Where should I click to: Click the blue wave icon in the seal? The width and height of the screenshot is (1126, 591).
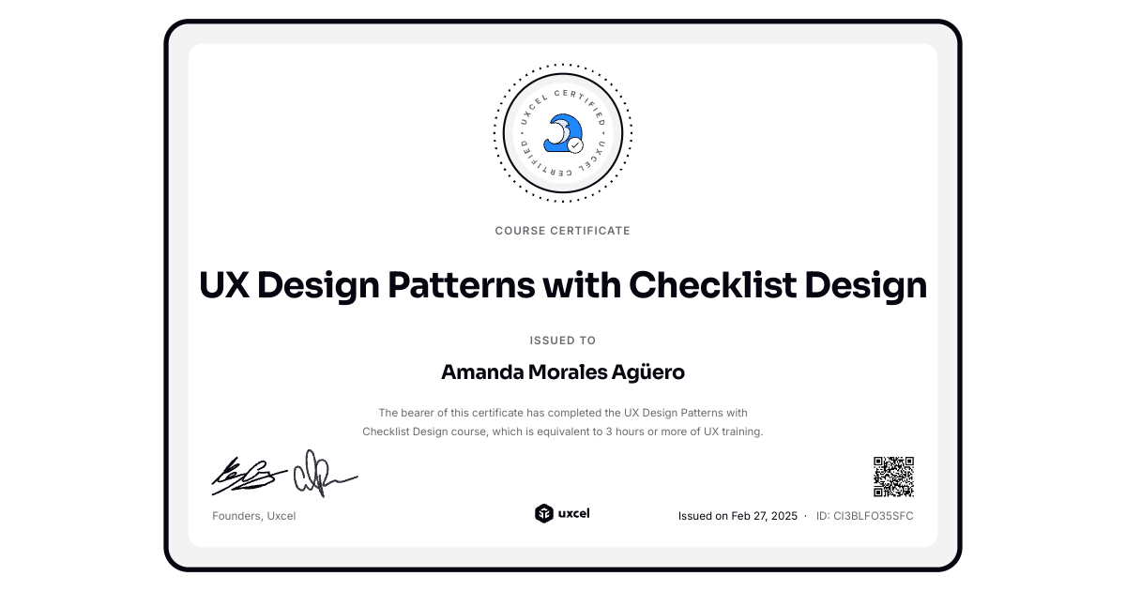pyautogui.click(x=560, y=131)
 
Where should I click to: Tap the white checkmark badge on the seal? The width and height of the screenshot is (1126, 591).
pyautogui.click(x=575, y=145)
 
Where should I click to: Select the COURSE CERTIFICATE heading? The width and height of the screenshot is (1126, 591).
pyautogui.click(x=563, y=231)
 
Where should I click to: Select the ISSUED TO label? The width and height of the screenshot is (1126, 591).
pyautogui.click(x=563, y=341)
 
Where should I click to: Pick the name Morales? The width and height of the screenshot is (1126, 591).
pyautogui.click(x=570, y=372)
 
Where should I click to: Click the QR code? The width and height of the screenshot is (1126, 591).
pyautogui.click(x=893, y=477)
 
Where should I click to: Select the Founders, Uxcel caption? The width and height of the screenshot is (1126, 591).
pyautogui.click(x=253, y=516)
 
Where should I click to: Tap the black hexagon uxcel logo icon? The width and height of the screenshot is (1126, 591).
pyautogui.click(x=543, y=513)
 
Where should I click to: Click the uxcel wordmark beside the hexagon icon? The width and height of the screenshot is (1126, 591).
pyautogui.click(x=574, y=513)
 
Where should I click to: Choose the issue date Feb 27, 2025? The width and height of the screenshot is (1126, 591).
pyautogui.click(x=764, y=516)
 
